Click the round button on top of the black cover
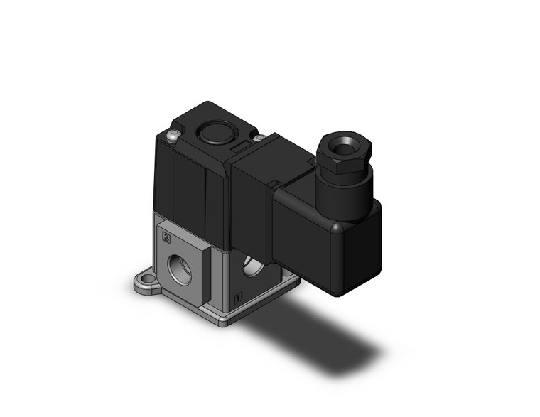pos(210,132)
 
